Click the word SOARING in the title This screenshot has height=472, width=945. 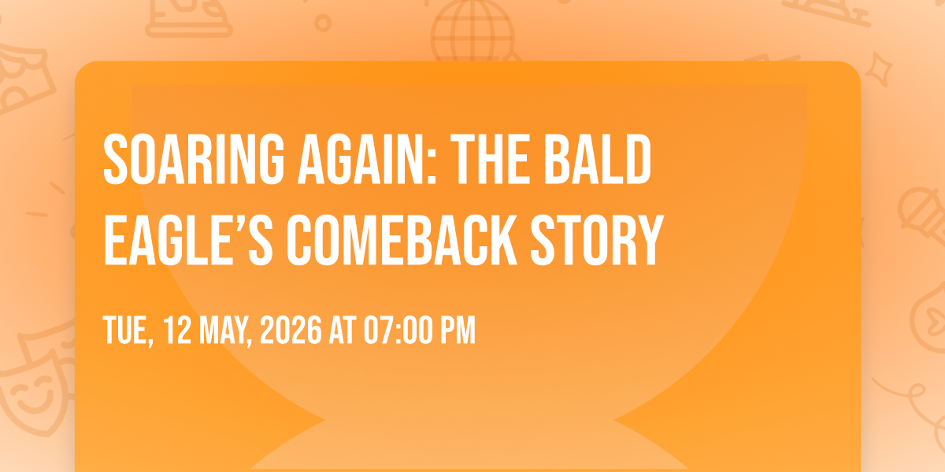coord(194,159)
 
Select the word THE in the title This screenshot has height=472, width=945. coord(490,159)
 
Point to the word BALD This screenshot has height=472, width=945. coord(598,159)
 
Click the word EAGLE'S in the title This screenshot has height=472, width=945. coord(188,240)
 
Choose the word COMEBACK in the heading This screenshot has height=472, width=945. coord(402,240)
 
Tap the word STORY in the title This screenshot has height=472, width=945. coord(598,240)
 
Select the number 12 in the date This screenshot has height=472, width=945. coord(177,330)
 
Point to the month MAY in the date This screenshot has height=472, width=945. coord(226,331)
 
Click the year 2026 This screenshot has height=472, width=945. coord(291,330)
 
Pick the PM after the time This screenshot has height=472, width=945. coord(458,330)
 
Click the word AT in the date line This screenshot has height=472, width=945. coord(343,330)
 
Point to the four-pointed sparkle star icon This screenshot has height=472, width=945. coord(878,69)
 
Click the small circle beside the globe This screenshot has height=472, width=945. coord(323,23)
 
